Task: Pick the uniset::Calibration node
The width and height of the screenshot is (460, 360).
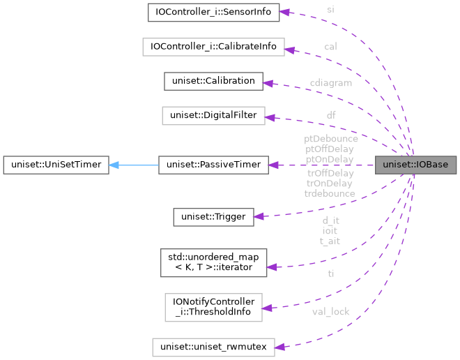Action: pyautogui.click(x=213, y=81)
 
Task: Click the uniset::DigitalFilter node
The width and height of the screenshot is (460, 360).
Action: pyautogui.click(x=213, y=116)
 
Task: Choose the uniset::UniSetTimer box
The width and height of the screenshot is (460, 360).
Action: pyautogui.click(x=54, y=165)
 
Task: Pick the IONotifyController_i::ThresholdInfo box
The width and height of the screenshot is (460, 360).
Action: pyautogui.click(x=213, y=308)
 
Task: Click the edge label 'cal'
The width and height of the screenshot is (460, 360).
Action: pyautogui.click(x=330, y=46)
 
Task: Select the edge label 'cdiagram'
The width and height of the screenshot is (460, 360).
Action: pyautogui.click(x=330, y=82)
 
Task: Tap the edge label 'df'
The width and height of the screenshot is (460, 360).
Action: pyautogui.click(x=330, y=114)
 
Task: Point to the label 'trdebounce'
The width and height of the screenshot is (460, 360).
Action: pyautogui.click(x=330, y=193)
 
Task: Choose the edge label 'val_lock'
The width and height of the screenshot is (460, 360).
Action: pyautogui.click(x=330, y=312)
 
